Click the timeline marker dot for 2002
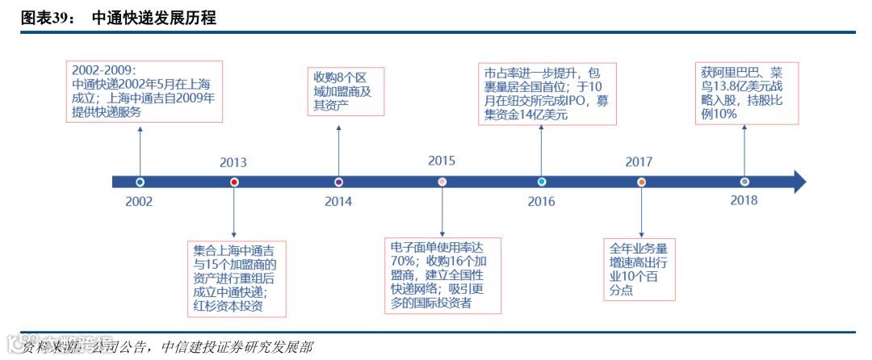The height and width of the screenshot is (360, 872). (x=140, y=182)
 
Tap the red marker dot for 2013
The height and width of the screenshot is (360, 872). (x=234, y=182)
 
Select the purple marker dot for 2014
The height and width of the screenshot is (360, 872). (x=338, y=182)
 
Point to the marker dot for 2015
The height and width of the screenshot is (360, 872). (x=442, y=182)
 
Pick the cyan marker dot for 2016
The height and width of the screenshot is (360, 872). (x=542, y=182)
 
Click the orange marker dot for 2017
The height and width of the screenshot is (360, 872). (x=641, y=182)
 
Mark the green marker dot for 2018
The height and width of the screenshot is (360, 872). (x=744, y=182)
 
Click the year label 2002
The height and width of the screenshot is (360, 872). (x=139, y=202)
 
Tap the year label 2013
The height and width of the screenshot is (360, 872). (x=233, y=162)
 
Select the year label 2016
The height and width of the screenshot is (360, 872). (x=541, y=202)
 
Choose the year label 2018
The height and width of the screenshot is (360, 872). (x=744, y=200)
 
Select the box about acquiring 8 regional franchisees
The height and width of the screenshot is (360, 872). (x=346, y=92)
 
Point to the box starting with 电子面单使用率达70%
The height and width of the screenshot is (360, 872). (x=442, y=274)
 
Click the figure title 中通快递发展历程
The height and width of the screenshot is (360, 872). (x=153, y=17)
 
